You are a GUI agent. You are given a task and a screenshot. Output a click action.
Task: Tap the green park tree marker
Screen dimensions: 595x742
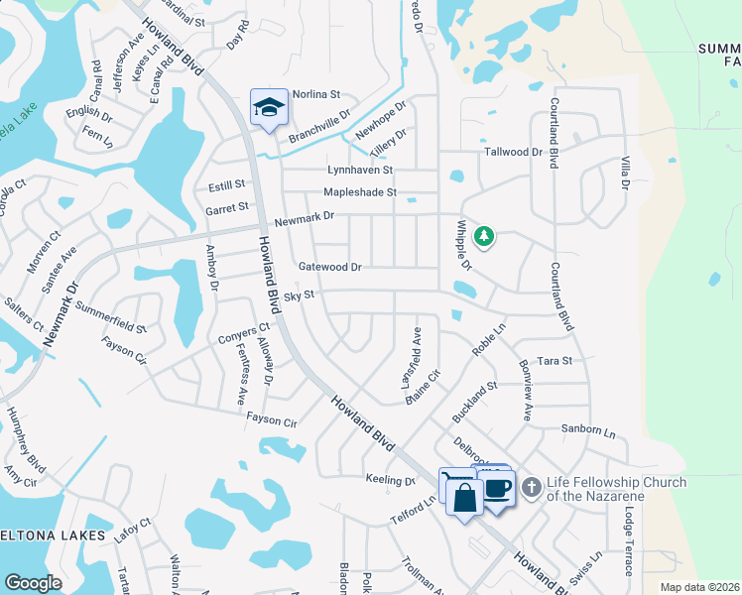[x=484, y=236]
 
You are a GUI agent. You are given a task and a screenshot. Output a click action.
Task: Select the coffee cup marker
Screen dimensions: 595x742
[x=498, y=488]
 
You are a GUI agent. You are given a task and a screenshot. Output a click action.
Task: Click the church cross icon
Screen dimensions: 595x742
[x=531, y=486]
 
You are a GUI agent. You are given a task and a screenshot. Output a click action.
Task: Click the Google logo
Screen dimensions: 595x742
[x=33, y=583]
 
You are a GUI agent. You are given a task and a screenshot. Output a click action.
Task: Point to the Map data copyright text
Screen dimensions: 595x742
[x=698, y=587]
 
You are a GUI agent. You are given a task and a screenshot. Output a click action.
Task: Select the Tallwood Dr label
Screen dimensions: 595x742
[x=513, y=153]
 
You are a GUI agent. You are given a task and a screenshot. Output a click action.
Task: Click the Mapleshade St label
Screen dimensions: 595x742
[x=360, y=192]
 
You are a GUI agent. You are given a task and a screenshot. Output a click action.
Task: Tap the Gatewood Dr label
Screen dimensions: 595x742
[x=329, y=267]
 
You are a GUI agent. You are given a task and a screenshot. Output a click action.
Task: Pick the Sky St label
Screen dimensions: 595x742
[x=299, y=296]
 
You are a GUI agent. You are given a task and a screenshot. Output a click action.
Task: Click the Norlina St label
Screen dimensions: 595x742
[x=316, y=95]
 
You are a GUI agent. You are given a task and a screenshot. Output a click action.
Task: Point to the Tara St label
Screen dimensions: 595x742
[x=554, y=361]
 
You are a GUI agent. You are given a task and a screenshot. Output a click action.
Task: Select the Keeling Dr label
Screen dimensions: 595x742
[x=390, y=481]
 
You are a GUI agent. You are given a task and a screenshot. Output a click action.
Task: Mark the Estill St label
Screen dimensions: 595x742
[x=226, y=184]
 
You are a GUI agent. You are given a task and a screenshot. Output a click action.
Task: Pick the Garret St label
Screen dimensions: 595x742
[x=227, y=208]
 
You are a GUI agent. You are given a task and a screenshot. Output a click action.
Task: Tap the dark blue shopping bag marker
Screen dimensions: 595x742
[x=464, y=497]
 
